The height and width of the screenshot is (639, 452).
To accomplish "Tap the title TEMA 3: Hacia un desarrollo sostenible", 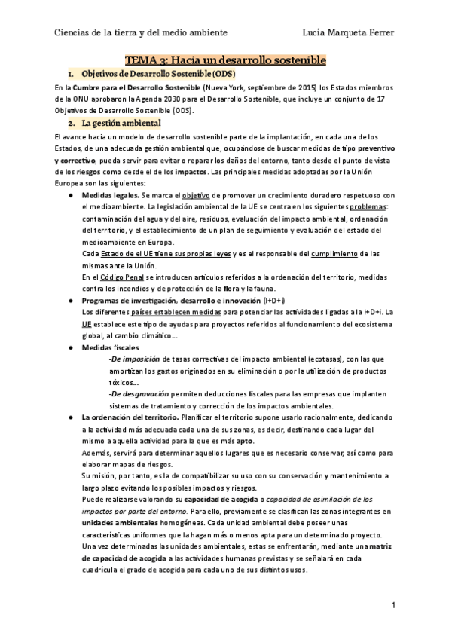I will click(225, 59).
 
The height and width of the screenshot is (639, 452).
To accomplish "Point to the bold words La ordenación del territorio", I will click(130, 417).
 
